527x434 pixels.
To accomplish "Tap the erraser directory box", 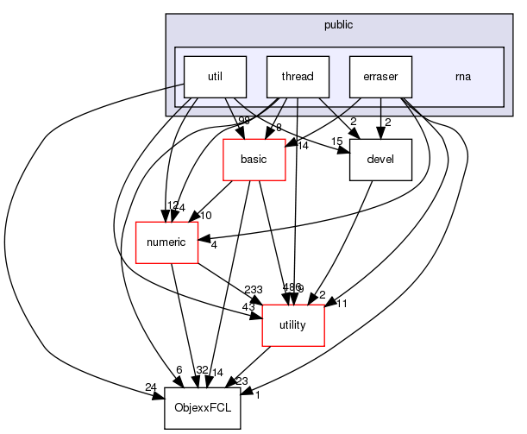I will coord(380,77).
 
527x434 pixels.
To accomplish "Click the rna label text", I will coord(463,77).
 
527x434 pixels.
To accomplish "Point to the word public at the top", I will coord(339,25).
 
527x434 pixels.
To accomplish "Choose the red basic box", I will coord(255,160).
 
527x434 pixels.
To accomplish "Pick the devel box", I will coord(380,160).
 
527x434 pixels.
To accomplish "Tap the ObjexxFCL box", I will coord(202,407).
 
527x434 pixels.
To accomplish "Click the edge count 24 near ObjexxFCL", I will coord(152,387).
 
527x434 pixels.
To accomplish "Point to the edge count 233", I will coord(230,291).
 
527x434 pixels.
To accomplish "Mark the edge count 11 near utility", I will coord(342,305).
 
